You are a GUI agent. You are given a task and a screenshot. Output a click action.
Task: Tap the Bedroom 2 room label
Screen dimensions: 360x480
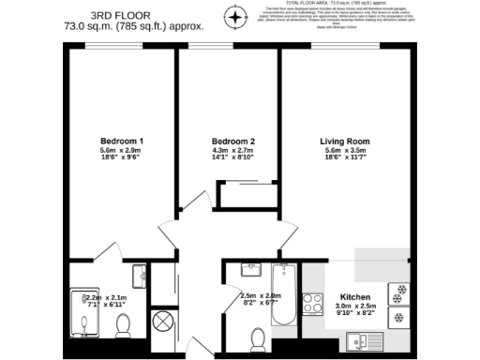coord(233,141)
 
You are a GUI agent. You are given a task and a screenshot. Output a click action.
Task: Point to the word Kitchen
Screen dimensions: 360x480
coord(355,295)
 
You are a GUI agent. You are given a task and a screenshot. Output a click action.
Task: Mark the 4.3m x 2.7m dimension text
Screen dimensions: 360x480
coord(233,151)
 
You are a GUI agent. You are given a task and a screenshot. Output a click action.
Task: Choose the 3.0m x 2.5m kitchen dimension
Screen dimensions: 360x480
coord(355,306)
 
